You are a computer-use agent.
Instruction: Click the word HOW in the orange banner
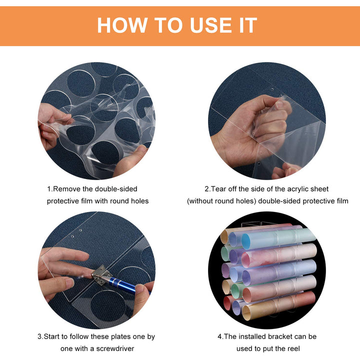coord(122,25)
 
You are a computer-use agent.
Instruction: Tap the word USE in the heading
coord(211,25)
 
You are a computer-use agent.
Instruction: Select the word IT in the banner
coord(247,25)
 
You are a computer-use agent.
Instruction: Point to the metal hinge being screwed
coord(100,274)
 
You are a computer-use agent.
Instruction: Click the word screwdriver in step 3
coord(115,348)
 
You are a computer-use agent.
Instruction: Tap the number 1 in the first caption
coord(49,189)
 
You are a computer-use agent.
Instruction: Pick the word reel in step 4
coord(294,348)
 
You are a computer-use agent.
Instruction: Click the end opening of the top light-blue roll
coord(246,241)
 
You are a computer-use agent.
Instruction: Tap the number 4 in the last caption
coord(219,336)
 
